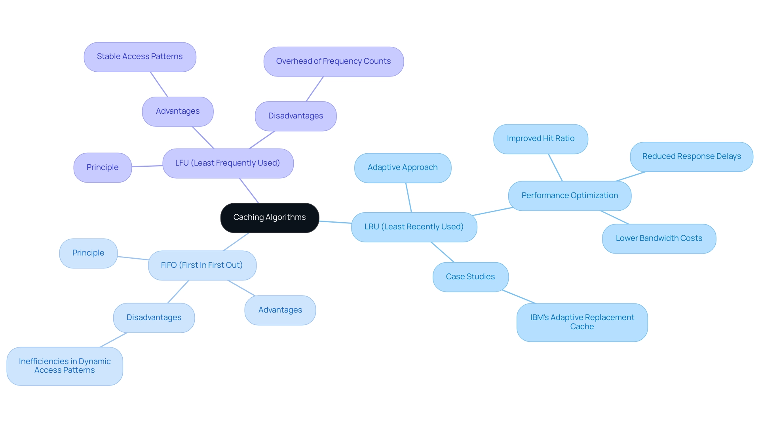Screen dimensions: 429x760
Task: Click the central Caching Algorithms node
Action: coord(270,217)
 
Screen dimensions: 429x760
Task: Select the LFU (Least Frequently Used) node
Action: coord(228,163)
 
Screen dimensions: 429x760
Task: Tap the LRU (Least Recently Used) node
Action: coord(414,227)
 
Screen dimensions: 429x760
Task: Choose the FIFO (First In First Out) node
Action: coord(202,265)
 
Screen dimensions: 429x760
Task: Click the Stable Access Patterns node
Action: coord(140,57)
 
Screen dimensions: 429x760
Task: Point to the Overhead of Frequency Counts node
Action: coord(333,61)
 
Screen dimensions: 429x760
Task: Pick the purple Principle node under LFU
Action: coord(103,168)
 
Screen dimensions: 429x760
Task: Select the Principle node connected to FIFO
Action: coord(88,253)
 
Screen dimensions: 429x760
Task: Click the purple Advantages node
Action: coord(178,111)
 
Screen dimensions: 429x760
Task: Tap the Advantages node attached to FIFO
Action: coord(280,310)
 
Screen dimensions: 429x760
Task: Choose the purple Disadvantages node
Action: coord(296,116)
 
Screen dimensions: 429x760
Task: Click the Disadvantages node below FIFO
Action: coord(154,318)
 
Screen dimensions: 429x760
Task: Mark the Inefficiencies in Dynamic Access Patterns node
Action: coord(65,366)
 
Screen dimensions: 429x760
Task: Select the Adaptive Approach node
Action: coord(403,168)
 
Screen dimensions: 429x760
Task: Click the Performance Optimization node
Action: coord(570,196)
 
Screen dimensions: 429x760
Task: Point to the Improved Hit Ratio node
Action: coord(541,139)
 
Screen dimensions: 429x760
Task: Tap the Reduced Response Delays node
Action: coord(692,156)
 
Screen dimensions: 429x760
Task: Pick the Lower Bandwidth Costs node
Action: coord(659,238)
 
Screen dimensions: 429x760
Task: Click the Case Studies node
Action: coord(470,277)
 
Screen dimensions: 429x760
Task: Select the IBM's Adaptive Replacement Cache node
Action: coord(582,322)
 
